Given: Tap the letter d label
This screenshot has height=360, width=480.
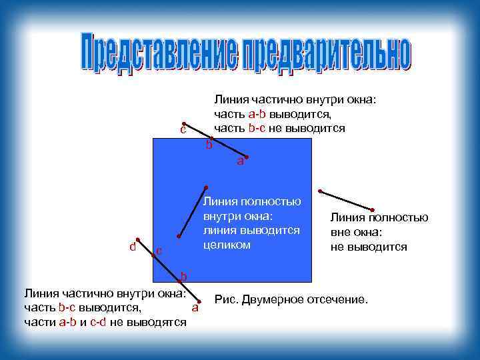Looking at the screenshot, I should click(x=133, y=247).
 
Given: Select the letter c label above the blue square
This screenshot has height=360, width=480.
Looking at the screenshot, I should click(x=182, y=129).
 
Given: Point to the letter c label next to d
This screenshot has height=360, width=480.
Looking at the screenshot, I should click(x=158, y=251).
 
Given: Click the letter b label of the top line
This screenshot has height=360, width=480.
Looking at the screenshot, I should click(x=209, y=144).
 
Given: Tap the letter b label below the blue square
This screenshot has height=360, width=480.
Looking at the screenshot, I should click(x=184, y=276).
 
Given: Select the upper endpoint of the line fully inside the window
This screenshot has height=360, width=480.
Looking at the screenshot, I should click(x=207, y=187).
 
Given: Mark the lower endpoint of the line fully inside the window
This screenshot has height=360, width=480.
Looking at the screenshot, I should click(x=179, y=236).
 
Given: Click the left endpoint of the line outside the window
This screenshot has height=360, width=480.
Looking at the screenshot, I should click(x=320, y=191).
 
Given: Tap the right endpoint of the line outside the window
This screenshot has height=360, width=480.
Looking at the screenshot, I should click(x=372, y=211).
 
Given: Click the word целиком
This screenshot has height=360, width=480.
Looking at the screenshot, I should click(x=227, y=245).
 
